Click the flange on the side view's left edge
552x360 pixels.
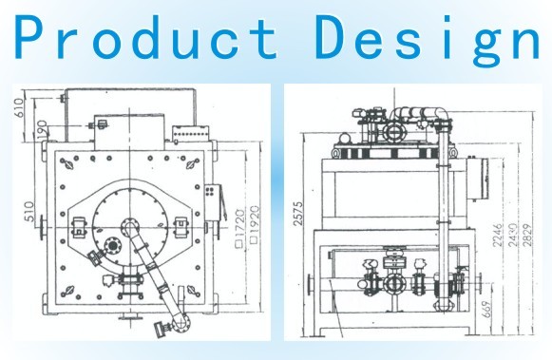[311, 282]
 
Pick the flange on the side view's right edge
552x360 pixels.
[483, 282]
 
